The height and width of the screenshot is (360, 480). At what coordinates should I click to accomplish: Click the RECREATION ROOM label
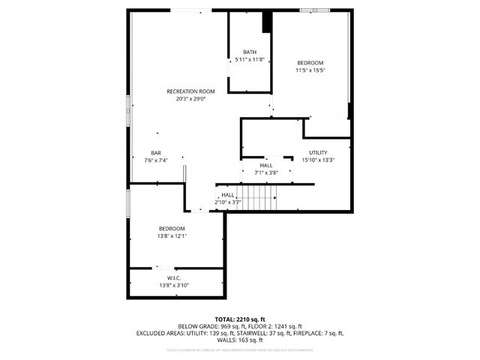point(190,91)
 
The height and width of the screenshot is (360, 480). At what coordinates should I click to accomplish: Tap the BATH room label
point(249,52)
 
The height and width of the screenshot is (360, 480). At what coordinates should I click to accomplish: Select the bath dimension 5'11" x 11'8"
point(249,58)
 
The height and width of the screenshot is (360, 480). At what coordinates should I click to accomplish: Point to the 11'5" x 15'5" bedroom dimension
point(310,70)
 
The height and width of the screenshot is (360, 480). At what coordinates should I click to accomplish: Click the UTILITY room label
point(318,152)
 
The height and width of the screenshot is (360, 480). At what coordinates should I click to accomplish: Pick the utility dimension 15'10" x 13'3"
point(318,159)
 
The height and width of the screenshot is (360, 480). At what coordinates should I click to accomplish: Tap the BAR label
point(156,152)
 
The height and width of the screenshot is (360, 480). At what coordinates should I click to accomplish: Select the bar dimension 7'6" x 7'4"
point(156,159)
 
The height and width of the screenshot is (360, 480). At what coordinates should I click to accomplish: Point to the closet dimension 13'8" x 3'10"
point(174,285)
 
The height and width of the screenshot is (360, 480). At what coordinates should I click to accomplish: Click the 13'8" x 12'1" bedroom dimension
point(172,235)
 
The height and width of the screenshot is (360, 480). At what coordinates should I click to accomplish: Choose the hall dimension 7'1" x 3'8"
point(266,172)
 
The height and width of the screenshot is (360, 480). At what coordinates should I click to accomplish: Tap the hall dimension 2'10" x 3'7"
point(227,202)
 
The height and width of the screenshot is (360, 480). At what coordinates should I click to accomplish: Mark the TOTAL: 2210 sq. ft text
point(240,319)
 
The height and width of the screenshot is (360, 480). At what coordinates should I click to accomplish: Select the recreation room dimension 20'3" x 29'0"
point(190,98)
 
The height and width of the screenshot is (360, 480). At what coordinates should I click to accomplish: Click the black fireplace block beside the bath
point(266,22)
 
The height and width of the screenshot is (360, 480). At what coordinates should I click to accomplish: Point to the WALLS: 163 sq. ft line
point(240,340)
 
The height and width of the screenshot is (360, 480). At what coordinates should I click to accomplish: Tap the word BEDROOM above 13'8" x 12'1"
point(172,228)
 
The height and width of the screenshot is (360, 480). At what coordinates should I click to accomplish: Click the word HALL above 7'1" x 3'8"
point(266,165)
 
